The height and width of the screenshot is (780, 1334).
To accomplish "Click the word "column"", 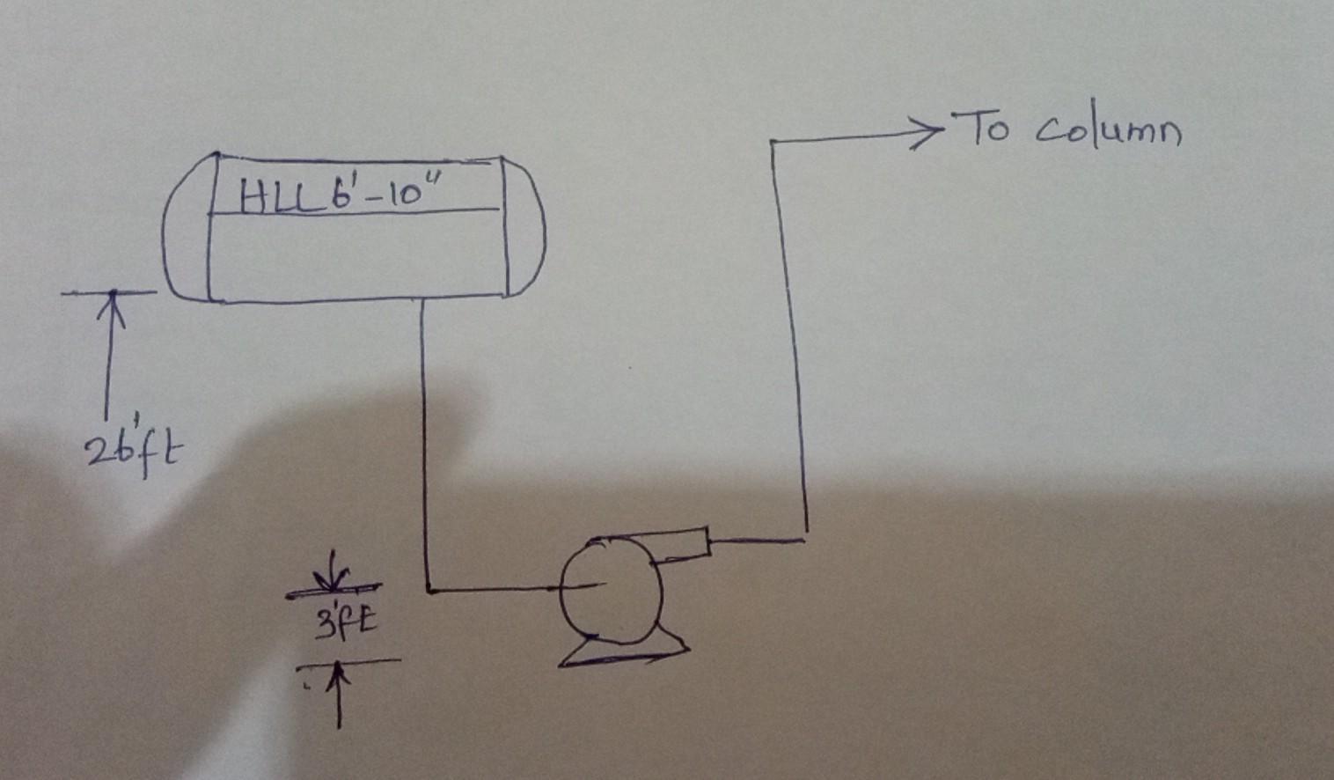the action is coord(1108,133).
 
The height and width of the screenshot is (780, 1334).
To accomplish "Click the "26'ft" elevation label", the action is coord(135,452).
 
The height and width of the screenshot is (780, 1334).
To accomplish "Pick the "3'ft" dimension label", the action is coord(345,622).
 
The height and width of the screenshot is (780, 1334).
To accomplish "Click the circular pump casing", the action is coord(611,586).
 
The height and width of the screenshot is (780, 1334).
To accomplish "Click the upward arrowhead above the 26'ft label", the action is coord(112,304).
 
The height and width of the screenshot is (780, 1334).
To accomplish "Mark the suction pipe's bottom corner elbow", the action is coord(429,589).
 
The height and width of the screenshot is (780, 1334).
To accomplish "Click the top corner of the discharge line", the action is coord(773,142).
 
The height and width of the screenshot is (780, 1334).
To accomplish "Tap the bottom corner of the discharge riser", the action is coord(804,538).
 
